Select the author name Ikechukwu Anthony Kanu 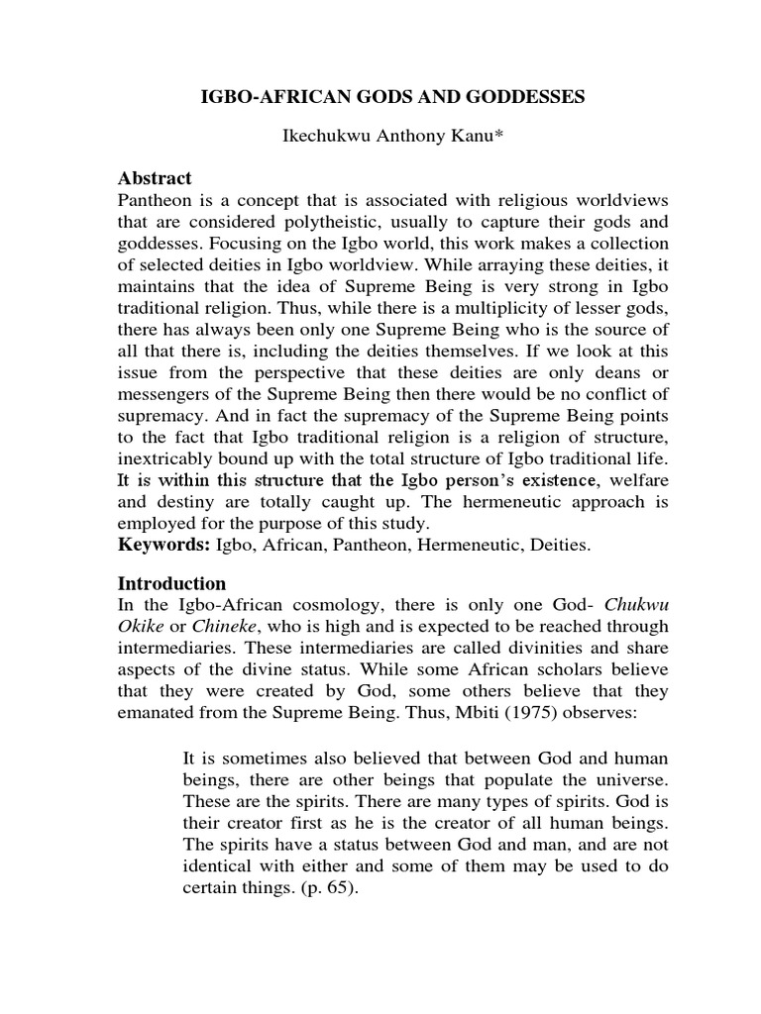pos(379,138)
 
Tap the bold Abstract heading pos(154,178)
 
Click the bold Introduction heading pos(171,582)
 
